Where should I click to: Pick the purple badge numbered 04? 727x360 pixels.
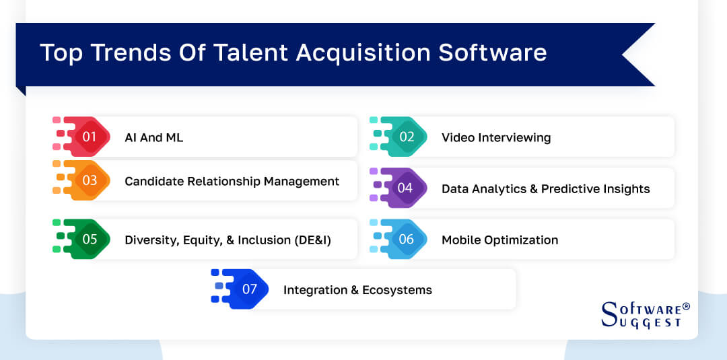405,188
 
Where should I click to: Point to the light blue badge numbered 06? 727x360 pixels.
406,240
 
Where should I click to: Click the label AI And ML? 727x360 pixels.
153,137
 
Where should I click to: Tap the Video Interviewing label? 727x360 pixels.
495,137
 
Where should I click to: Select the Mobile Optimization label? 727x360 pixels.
499,240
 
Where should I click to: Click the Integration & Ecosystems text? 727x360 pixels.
357,290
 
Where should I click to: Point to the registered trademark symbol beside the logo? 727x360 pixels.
686,306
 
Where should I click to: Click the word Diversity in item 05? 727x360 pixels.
151,240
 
